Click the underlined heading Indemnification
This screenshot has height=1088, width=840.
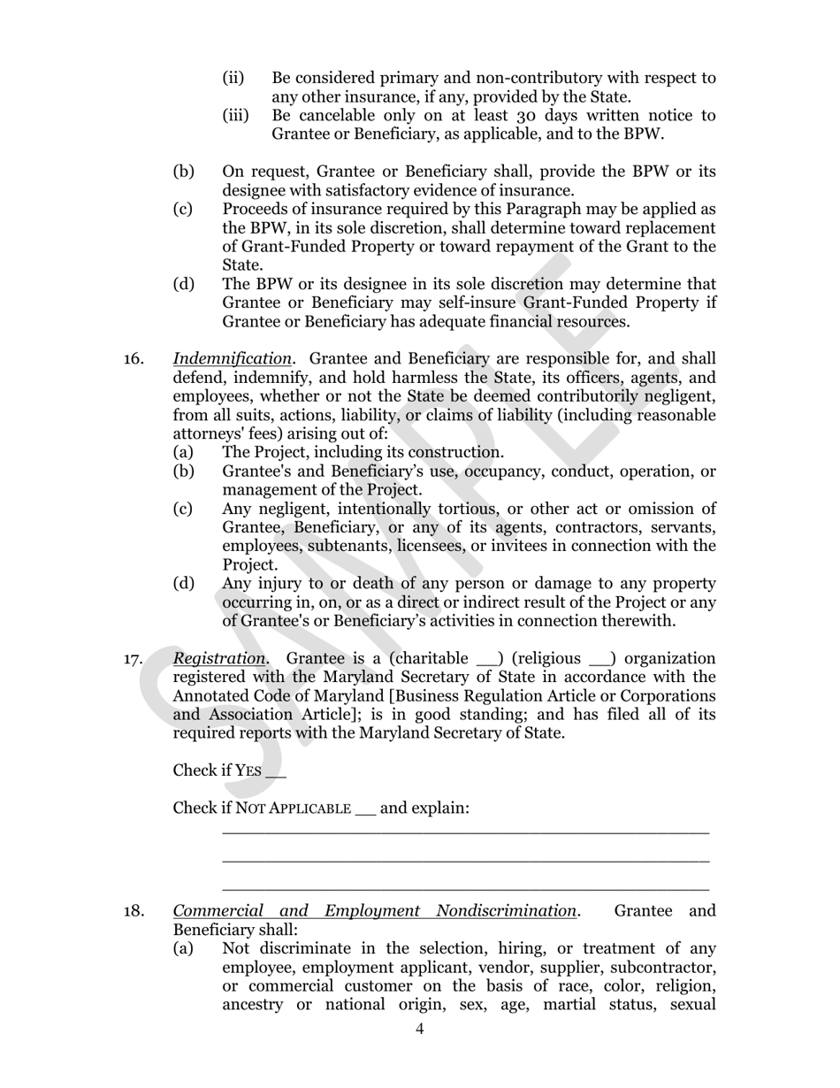point(232,359)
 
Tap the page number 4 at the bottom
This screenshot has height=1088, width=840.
point(419,1029)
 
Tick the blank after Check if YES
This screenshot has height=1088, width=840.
point(276,772)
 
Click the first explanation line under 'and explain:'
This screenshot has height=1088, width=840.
point(465,832)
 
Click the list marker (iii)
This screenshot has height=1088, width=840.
point(234,116)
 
